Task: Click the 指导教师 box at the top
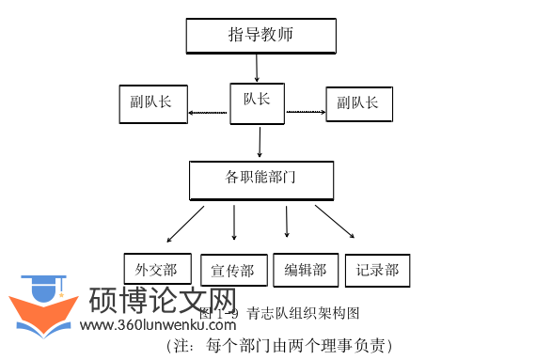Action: [260, 36]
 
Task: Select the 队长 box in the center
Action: [257, 99]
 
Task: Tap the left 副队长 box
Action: [152, 103]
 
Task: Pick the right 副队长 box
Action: [358, 103]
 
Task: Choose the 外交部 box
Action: [157, 270]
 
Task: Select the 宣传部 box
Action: [232, 271]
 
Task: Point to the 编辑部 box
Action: [306, 270]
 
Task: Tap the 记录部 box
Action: [378, 270]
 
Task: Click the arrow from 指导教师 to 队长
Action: [257, 69]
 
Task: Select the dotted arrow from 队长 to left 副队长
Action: [208, 114]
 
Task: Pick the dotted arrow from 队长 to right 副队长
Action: [306, 112]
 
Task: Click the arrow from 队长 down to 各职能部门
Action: [260, 141]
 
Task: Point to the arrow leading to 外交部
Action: [186, 223]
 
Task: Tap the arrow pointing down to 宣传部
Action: [234, 224]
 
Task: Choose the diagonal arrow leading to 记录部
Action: [334, 221]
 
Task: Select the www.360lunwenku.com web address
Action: [157, 325]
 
